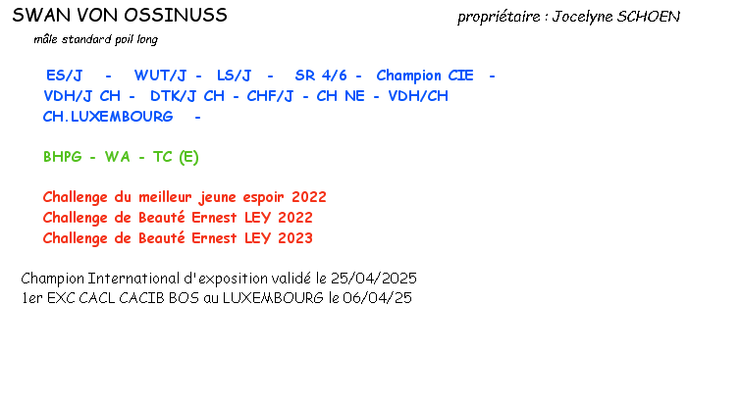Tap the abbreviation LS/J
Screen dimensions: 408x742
click(234, 76)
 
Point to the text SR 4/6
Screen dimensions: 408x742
click(320, 76)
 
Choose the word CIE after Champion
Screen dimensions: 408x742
click(460, 76)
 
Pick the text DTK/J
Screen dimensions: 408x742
click(174, 96)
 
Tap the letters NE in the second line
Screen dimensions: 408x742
click(353, 96)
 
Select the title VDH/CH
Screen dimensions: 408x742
click(418, 96)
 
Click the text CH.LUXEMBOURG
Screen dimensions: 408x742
click(108, 117)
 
